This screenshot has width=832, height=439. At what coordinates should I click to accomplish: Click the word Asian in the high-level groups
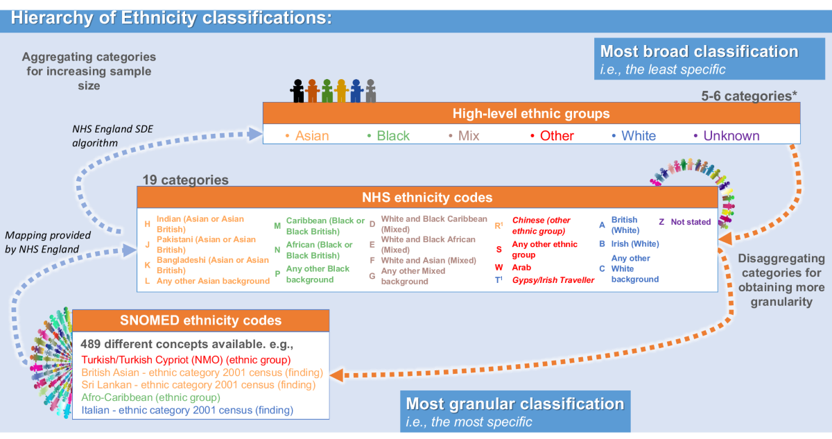click(312, 136)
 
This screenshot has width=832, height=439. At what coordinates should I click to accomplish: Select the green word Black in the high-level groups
click(393, 136)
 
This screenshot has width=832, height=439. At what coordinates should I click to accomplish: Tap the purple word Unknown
click(731, 136)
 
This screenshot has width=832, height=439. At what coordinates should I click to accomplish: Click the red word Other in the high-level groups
click(557, 136)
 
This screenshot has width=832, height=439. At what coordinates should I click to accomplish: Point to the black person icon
click(297, 89)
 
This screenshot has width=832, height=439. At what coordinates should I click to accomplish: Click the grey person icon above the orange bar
click(371, 89)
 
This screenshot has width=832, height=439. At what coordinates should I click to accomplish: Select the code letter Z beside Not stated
click(661, 222)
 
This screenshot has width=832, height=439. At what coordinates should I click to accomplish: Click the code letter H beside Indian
click(147, 224)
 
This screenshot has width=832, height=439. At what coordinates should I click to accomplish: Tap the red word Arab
click(522, 267)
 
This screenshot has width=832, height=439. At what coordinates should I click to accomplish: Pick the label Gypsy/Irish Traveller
click(553, 279)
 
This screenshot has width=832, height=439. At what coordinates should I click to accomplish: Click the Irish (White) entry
click(634, 243)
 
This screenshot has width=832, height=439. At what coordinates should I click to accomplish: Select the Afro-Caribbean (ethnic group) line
click(150, 397)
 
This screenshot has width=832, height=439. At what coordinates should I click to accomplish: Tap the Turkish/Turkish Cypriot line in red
click(186, 359)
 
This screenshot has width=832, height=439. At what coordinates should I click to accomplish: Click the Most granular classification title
click(514, 404)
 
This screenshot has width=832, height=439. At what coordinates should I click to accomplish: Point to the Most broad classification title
click(699, 51)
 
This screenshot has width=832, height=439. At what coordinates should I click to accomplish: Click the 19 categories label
click(185, 180)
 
